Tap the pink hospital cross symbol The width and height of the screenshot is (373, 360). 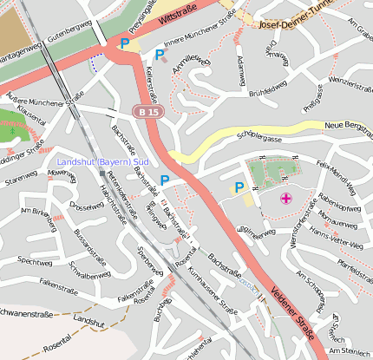coord(286,200)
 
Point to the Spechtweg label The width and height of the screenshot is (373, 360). coord(35,260)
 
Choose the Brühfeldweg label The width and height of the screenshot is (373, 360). coord(268,89)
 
